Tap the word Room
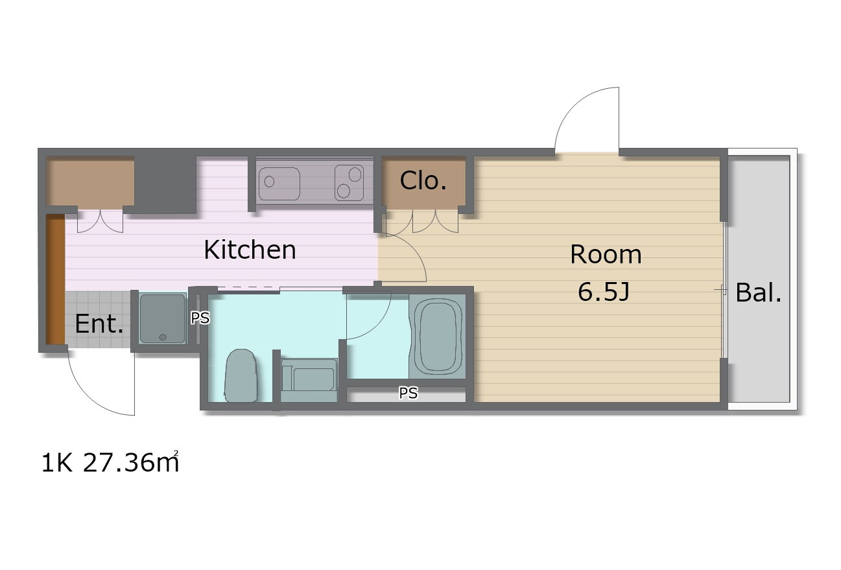606,254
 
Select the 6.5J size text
604,292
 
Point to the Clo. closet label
423,181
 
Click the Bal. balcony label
759,292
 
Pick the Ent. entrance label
99,324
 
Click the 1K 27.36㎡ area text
110,462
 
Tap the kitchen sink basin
279,184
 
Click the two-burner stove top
349,182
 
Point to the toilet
241,376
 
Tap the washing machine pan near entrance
162,318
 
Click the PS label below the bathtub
408,393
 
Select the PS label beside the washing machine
200,318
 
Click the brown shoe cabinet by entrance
55,279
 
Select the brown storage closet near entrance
90,182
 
